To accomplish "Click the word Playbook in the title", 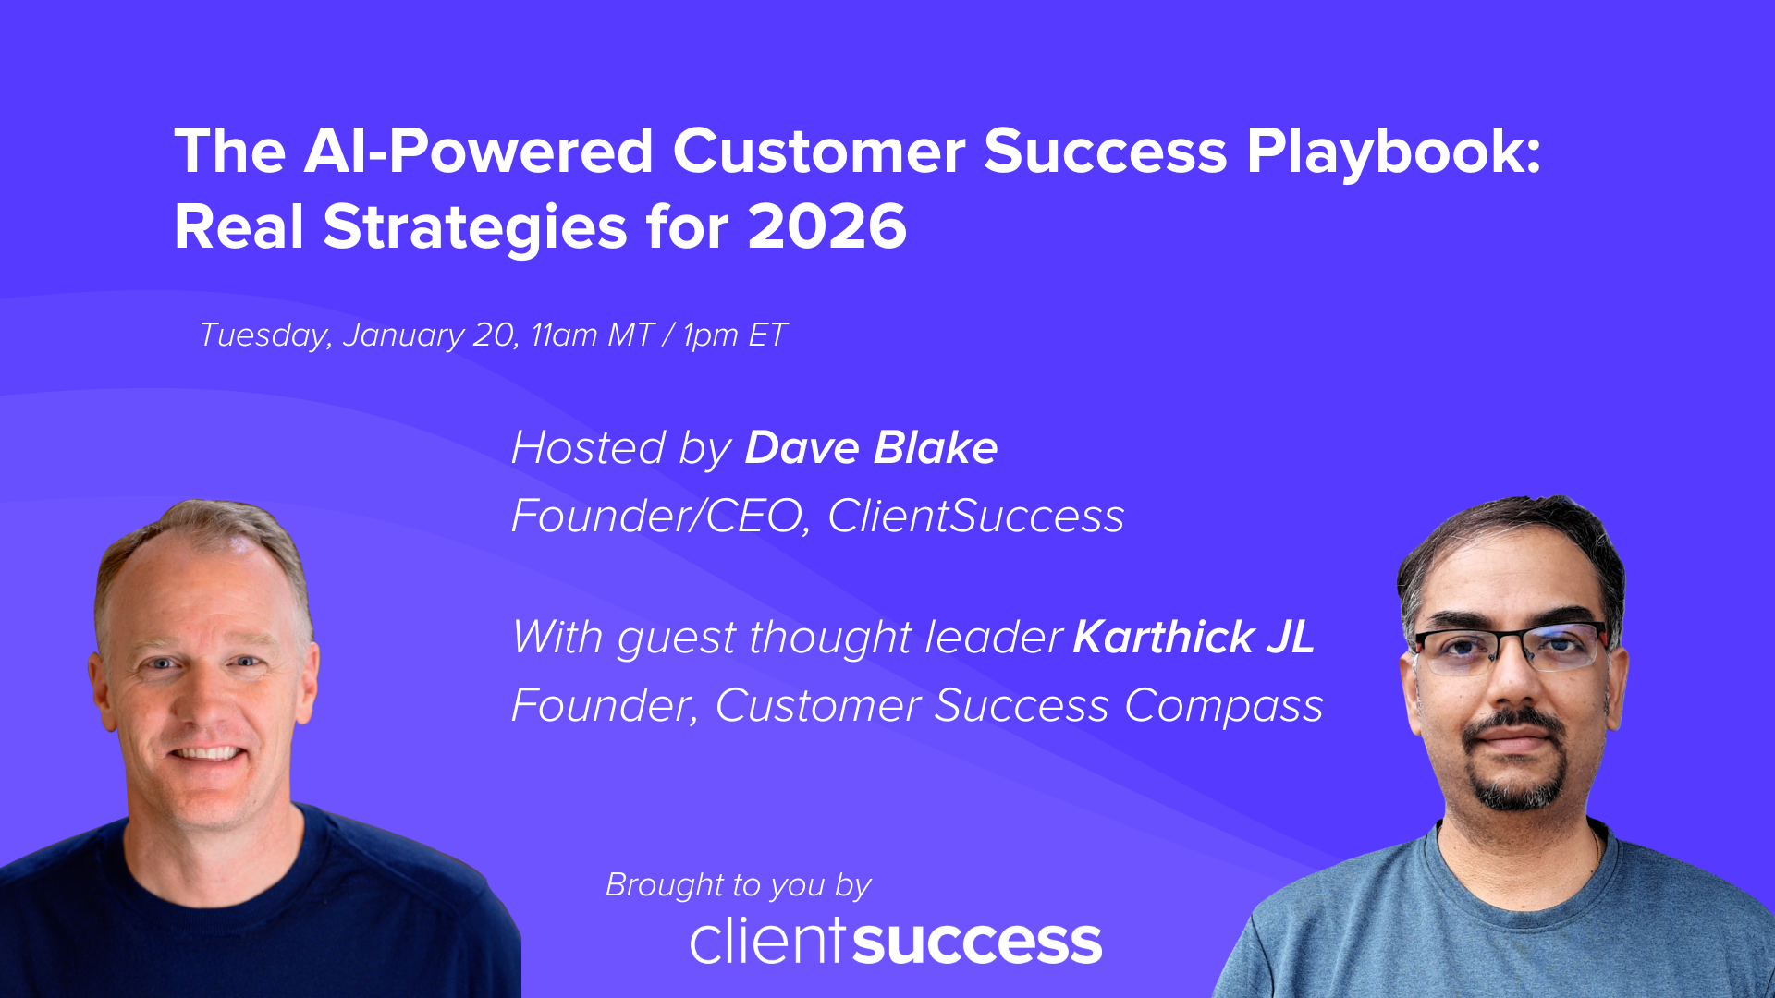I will coord(1393,152).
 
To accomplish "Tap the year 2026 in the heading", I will coord(826,227).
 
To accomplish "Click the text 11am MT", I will coord(593,335).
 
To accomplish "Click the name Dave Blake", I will coord(871,448).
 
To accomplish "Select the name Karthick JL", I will coord(1194,638).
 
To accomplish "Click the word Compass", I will coord(1223,706).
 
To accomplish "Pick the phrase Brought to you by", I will coord(738,885).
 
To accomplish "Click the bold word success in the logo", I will coord(977,943).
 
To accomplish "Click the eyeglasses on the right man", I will coord(1510,650).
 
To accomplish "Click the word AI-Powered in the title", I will coord(478,152).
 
